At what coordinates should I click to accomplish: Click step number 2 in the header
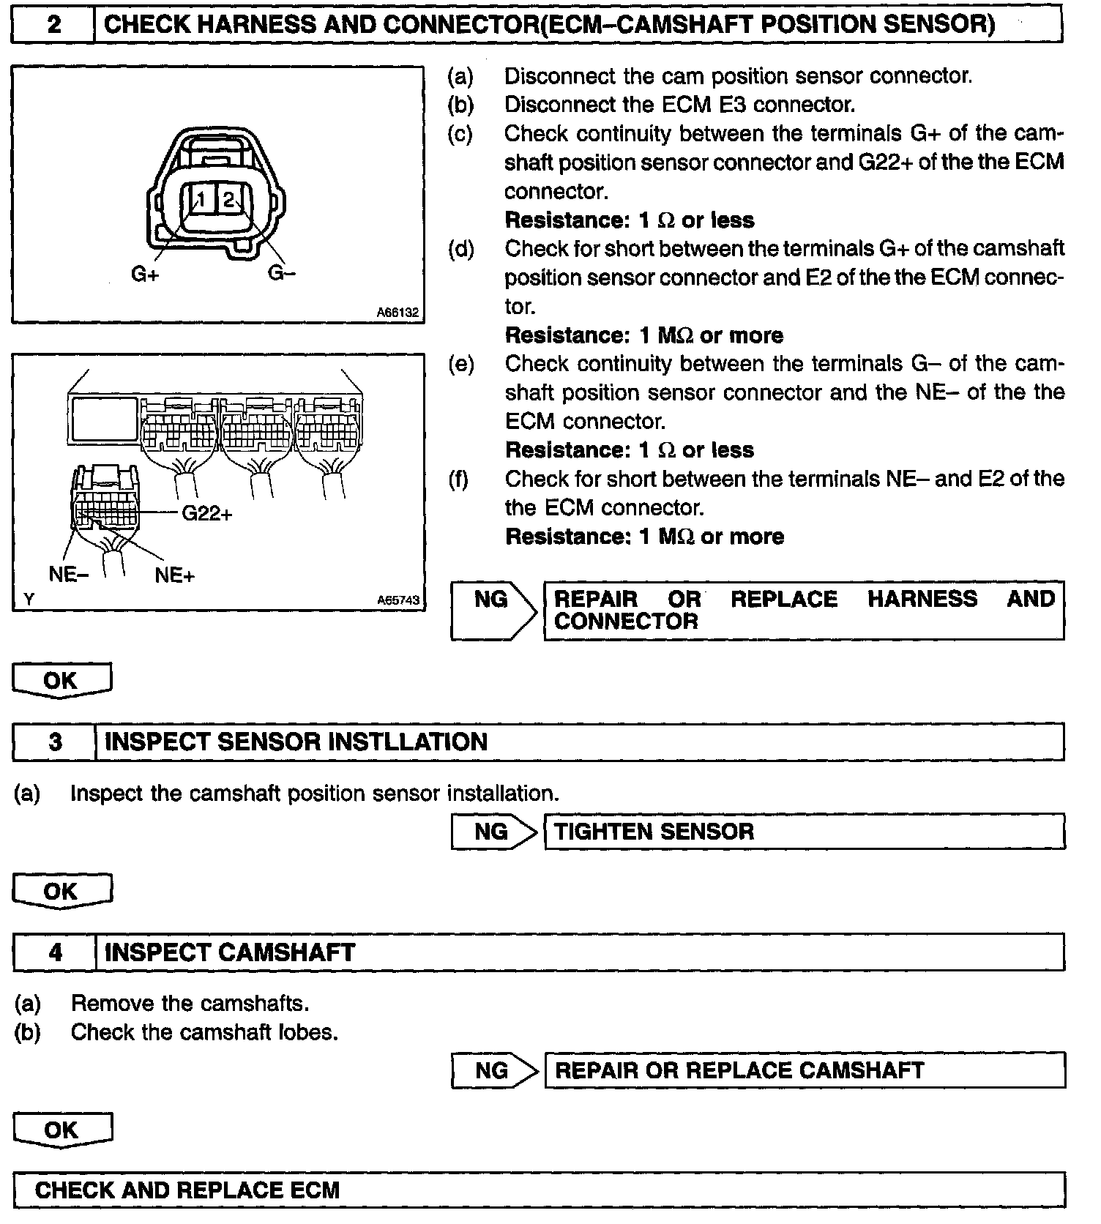tap(53, 25)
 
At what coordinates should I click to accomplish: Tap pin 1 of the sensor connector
tap(201, 199)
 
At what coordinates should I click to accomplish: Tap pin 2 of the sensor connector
tap(228, 199)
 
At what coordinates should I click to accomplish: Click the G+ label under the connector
tap(144, 275)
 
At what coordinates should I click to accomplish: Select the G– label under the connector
tap(281, 273)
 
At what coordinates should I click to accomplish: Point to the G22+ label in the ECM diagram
tap(207, 514)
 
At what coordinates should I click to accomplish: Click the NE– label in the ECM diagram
tap(68, 574)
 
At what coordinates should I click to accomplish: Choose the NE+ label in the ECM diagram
tap(175, 575)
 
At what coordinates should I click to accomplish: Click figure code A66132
tap(398, 313)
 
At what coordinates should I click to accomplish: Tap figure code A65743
tap(398, 600)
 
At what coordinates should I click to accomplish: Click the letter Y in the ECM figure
tap(29, 600)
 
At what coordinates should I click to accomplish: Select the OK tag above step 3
tap(61, 681)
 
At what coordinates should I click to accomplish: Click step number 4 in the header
tap(55, 952)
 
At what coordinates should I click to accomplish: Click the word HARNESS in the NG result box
tap(922, 599)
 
